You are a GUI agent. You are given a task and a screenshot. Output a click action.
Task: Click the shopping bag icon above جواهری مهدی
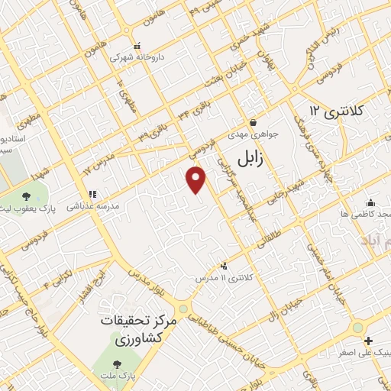253,122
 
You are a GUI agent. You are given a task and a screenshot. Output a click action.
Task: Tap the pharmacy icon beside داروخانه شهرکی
137,44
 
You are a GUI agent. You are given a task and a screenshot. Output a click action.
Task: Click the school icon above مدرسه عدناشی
93,194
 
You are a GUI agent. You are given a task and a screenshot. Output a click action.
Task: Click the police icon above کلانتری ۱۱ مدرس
224,266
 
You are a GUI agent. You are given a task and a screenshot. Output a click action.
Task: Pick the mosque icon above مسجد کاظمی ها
370,202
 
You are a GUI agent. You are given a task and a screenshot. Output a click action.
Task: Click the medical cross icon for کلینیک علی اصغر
369,341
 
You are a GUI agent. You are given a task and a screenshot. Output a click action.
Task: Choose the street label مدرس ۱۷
98,163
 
